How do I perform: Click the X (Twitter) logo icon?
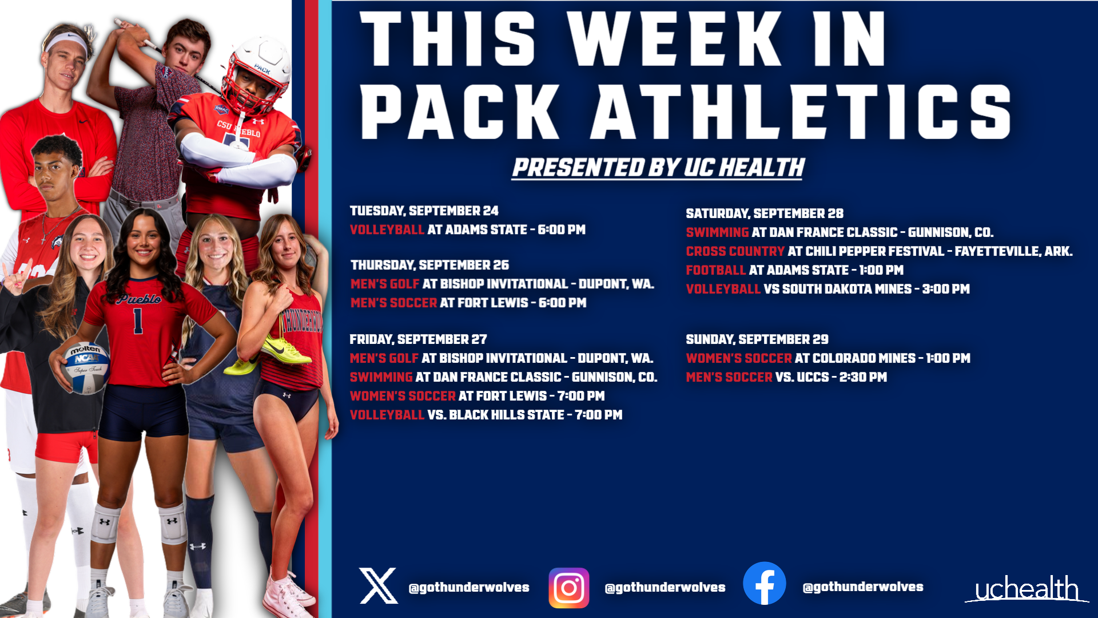pos(378,586)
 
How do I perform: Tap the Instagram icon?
pos(568,587)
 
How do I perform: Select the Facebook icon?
pos(764,584)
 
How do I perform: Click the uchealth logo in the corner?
pos(1027,589)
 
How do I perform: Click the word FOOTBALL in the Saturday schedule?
pos(716,270)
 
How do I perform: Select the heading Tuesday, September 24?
pos(424,211)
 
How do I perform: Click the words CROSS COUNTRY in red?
pos(735,251)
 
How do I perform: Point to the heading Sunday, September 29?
pos(757,339)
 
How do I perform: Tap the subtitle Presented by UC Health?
pos(658,168)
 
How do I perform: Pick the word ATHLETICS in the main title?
pos(801,112)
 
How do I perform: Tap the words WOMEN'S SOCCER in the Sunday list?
pos(738,358)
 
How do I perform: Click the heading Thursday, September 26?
pos(429,265)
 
